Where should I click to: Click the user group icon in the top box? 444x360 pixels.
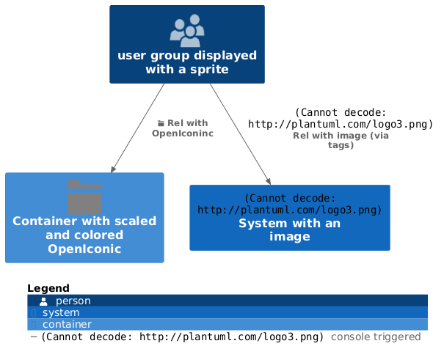(187, 30)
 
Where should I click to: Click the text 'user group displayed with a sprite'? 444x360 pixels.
(187, 62)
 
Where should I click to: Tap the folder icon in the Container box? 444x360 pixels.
(84, 195)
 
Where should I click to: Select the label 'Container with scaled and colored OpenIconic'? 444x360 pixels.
(84, 235)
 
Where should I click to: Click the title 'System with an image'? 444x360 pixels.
(289, 229)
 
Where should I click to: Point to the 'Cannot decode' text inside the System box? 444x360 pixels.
(289, 204)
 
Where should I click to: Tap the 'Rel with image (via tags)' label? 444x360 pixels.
(341, 140)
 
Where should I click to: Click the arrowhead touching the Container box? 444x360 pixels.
(114, 169)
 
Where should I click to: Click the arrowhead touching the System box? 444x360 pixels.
(269, 181)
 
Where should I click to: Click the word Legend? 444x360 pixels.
(48, 288)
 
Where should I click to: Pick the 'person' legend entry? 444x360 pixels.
(73, 301)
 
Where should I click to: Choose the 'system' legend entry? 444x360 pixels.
(61, 312)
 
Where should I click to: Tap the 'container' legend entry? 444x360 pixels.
(67, 324)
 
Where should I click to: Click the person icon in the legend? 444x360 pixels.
(44, 301)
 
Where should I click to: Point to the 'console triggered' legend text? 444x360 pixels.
(376, 337)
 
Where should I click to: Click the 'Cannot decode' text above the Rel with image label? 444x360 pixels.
(341, 118)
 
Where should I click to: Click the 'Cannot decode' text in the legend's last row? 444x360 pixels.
(182, 337)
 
